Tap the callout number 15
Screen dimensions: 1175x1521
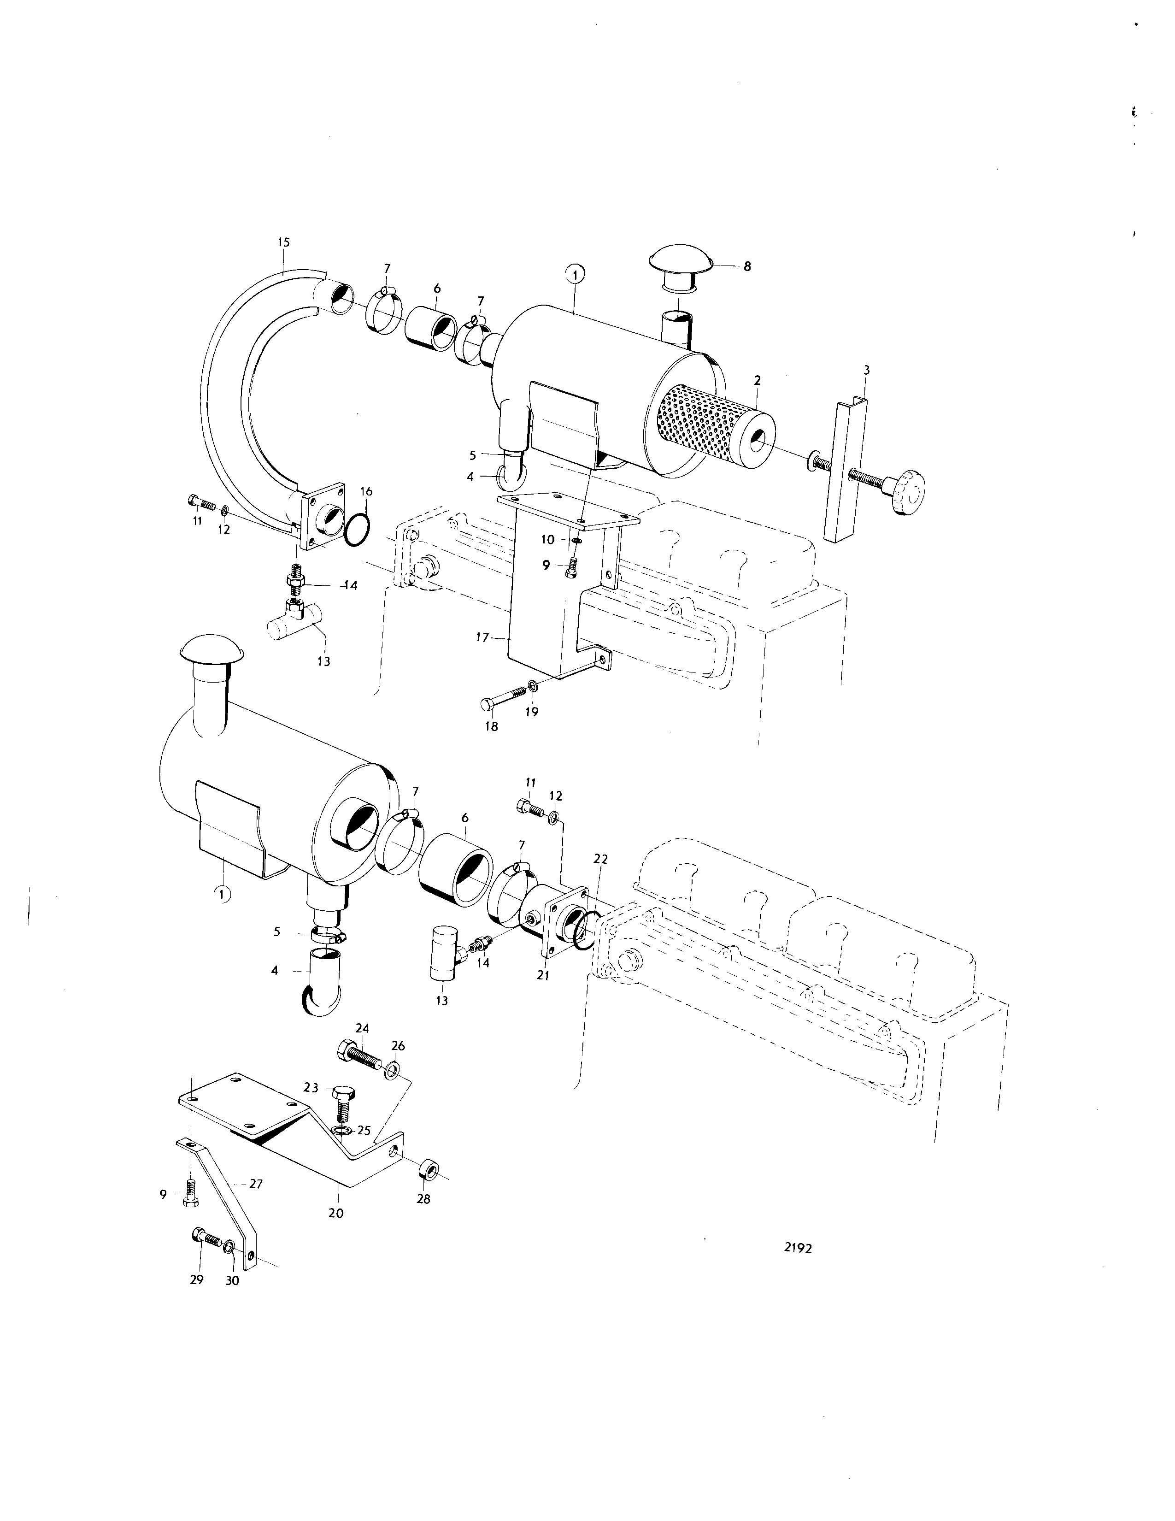point(283,242)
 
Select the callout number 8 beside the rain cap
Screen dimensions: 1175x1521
point(747,266)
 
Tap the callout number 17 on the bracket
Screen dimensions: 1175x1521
point(483,637)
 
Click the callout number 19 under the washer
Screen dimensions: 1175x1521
point(531,713)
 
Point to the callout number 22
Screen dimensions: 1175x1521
point(601,860)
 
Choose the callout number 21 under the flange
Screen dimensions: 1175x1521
point(543,976)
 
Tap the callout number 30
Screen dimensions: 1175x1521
point(232,1280)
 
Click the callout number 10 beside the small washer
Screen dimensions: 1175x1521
point(548,540)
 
